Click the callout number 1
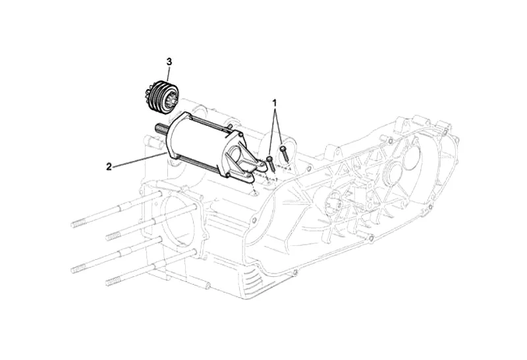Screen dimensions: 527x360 [275, 102]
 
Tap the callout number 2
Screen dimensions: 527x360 [109, 167]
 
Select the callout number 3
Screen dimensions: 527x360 [169, 61]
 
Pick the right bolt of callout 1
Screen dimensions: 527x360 [283, 153]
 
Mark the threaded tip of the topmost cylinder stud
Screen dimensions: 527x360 [78, 224]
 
